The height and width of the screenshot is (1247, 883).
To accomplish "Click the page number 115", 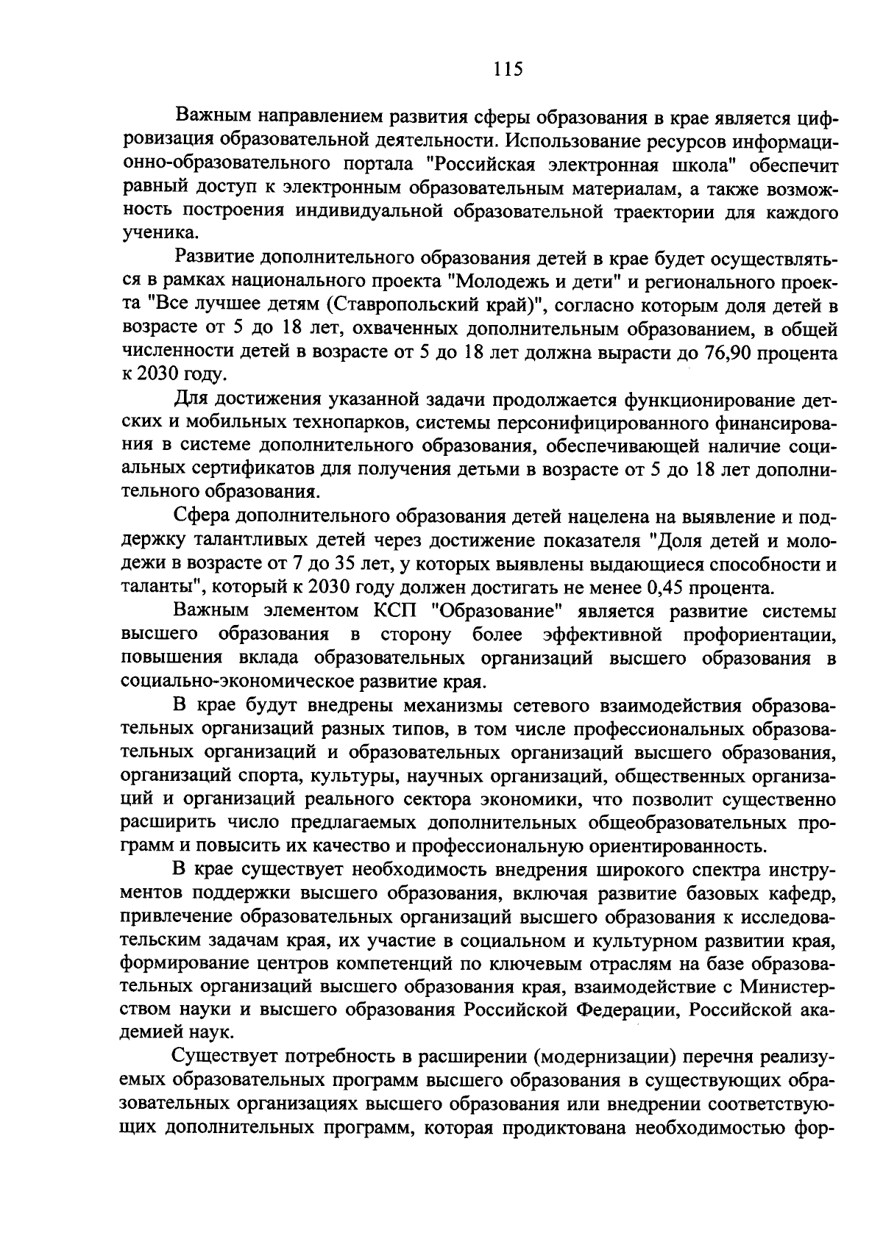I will coord(507,69).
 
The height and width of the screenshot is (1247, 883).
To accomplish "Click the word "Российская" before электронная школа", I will coord(477,164).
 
